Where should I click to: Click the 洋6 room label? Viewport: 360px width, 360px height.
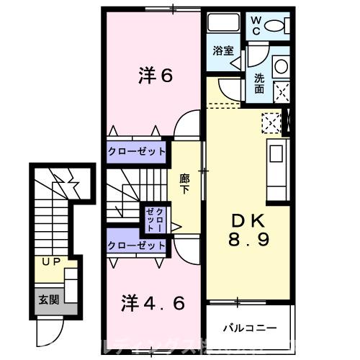[x=155, y=75]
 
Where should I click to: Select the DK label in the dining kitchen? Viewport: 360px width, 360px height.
[x=250, y=220]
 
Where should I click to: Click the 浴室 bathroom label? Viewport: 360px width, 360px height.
[x=224, y=50]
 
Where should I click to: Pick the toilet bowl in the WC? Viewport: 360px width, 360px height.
[x=276, y=27]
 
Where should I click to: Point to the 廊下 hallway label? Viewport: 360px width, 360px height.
[x=184, y=183]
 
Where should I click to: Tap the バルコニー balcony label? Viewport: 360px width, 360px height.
[x=249, y=328]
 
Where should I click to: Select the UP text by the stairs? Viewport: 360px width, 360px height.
[x=50, y=262]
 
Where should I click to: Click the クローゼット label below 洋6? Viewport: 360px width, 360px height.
[x=137, y=152]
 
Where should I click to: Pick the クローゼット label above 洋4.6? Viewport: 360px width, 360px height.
[x=137, y=246]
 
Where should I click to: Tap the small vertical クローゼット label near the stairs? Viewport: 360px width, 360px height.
[x=154, y=218]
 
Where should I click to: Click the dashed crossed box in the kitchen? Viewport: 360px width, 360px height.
[x=271, y=124]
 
